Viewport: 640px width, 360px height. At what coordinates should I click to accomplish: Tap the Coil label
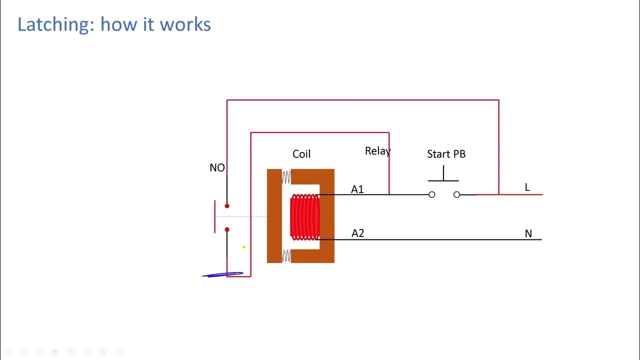point(301,154)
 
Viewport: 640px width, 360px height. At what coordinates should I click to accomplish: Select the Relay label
point(377,151)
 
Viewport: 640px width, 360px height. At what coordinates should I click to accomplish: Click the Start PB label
point(446,154)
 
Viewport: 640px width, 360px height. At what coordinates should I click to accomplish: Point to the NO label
point(217,168)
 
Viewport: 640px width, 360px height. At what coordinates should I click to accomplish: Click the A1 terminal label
point(357,189)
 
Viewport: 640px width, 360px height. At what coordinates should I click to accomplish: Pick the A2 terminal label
point(358,233)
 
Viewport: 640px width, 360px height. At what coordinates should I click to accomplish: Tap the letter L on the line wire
point(527,187)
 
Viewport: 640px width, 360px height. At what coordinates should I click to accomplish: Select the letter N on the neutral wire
point(528,233)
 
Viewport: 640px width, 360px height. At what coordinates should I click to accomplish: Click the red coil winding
point(304,217)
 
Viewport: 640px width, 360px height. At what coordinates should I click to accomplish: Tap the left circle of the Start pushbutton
point(432,194)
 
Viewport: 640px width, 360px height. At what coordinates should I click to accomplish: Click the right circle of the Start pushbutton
point(456,194)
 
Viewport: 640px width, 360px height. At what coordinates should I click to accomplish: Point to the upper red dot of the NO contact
point(227,206)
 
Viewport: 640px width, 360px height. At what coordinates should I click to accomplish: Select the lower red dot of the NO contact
point(227,229)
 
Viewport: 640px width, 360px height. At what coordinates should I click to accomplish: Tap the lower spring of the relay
point(286,256)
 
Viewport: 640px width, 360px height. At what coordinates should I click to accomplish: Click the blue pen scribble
point(222,274)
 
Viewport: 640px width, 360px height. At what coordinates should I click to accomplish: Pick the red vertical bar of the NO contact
point(215,216)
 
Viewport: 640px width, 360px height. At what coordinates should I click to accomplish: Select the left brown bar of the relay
point(274,216)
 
